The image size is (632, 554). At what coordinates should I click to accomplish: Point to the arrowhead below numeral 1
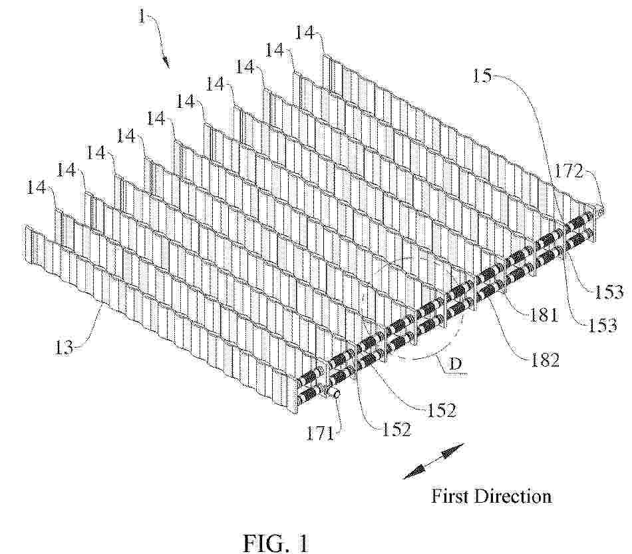[x=166, y=61]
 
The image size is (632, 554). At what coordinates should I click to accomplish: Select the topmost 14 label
[x=305, y=32]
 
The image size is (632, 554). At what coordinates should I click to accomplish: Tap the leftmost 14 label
[x=37, y=187]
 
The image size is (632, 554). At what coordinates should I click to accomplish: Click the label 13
[x=64, y=347]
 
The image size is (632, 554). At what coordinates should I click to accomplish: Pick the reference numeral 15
[x=482, y=75]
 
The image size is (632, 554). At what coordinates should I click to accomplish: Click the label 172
[x=569, y=172]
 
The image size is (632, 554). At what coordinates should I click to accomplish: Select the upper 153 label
[x=609, y=292]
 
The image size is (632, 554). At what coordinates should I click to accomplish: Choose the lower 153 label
[x=603, y=325]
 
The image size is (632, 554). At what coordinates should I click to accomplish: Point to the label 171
[x=319, y=434]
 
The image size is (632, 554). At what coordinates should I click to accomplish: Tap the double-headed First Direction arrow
[x=434, y=461]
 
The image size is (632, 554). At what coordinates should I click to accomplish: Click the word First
[x=448, y=496]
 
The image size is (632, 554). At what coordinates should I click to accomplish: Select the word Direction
[x=512, y=496]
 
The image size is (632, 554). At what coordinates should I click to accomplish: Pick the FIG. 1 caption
[x=275, y=543]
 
